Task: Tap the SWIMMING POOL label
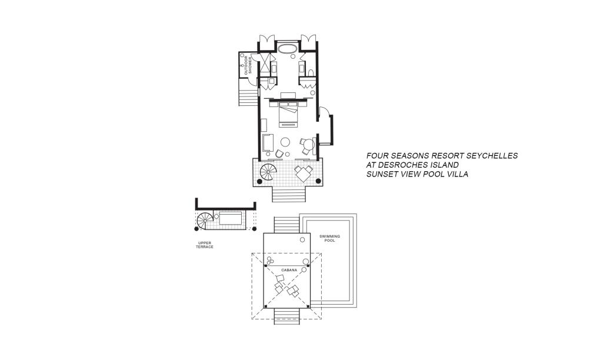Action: tap(329, 238)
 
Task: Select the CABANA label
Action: tap(289, 270)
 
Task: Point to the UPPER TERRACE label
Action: tap(205, 245)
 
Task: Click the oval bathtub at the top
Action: tap(287, 49)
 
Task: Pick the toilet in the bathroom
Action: tap(311, 72)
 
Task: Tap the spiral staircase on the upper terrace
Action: tap(205, 221)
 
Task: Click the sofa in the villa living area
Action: tap(268, 144)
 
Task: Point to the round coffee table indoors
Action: tap(285, 142)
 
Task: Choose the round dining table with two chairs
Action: tap(307, 145)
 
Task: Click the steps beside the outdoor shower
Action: tap(248, 92)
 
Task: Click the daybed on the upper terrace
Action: tap(231, 219)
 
